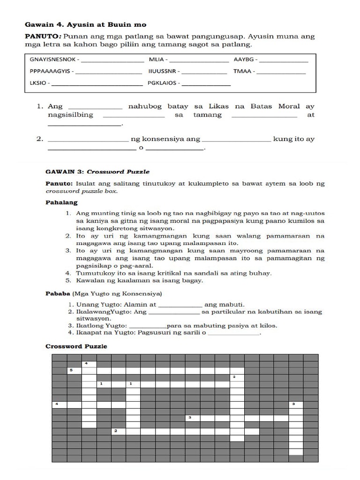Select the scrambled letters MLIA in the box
click(x=156, y=60)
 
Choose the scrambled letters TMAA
click(x=242, y=72)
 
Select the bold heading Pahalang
click(x=61, y=203)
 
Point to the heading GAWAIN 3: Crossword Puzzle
click(x=97, y=172)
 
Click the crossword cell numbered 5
click(x=74, y=371)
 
